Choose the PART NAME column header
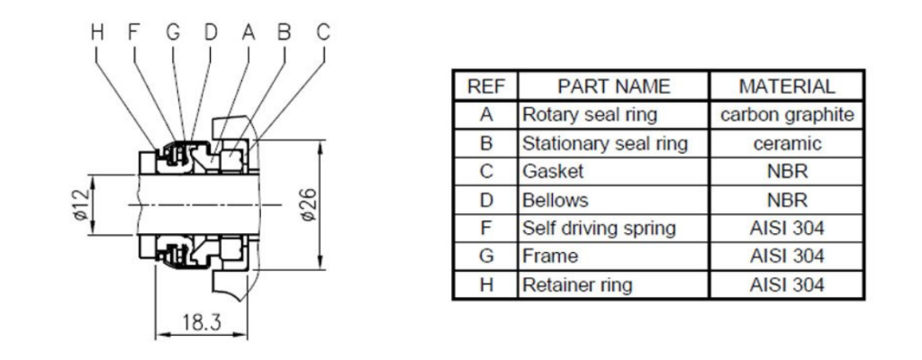coord(614,87)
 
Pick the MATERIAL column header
coord(787,87)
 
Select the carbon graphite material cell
coord(787,115)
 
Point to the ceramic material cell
coord(787,144)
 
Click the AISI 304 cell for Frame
coord(787,256)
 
